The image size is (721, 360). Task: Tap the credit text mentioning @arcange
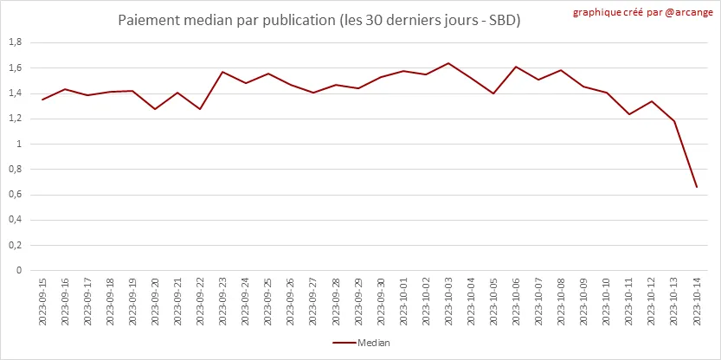click(x=643, y=13)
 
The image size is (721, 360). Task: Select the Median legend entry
click(x=362, y=343)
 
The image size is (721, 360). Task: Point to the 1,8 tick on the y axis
click(x=15, y=42)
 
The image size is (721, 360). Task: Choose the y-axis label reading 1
click(x=18, y=145)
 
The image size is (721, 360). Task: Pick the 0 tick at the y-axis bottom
click(x=18, y=271)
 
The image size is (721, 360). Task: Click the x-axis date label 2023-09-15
click(x=42, y=304)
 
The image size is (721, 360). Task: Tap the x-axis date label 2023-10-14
click(x=697, y=304)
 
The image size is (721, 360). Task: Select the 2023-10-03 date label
click(x=448, y=304)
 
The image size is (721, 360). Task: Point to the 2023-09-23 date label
click(x=223, y=304)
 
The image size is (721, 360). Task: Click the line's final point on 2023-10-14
click(x=697, y=187)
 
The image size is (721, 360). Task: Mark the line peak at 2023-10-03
click(x=448, y=63)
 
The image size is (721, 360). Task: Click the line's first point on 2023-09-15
click(x=42, y=100)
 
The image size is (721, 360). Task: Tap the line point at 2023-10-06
click(x=516, y=67)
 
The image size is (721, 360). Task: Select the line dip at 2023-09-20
click(x=155, y=109)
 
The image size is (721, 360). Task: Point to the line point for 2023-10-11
click(x=629, y=114)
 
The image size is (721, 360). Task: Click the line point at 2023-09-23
click(x=223, y=72)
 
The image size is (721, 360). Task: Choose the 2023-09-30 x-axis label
click(x=381, y=304)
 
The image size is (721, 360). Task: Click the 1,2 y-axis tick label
click(x=15, y=119)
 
